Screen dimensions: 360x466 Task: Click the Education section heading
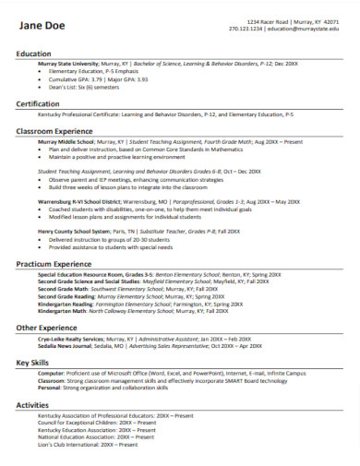pos(35,54)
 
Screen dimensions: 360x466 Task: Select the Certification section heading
pos(38,104)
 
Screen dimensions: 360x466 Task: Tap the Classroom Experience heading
pos(57,131)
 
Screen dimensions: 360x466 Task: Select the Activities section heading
pos(32,404)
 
